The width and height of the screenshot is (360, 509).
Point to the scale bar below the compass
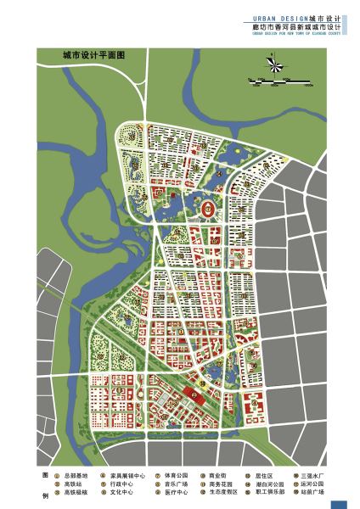281,82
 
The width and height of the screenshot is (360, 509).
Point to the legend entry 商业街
219,476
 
